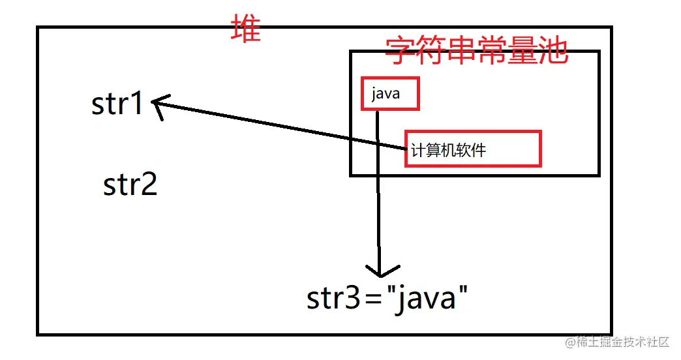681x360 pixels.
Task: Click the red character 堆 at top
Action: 246,29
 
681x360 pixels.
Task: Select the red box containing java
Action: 390,95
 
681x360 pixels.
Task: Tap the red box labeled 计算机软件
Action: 473,149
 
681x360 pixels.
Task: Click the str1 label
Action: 117,103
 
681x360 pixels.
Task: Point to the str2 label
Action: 130,185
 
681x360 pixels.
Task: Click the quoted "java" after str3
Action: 427,299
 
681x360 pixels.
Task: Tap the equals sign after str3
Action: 372,300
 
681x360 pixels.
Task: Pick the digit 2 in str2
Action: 149,185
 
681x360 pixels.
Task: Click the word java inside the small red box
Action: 385,95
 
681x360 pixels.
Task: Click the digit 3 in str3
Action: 352,299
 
